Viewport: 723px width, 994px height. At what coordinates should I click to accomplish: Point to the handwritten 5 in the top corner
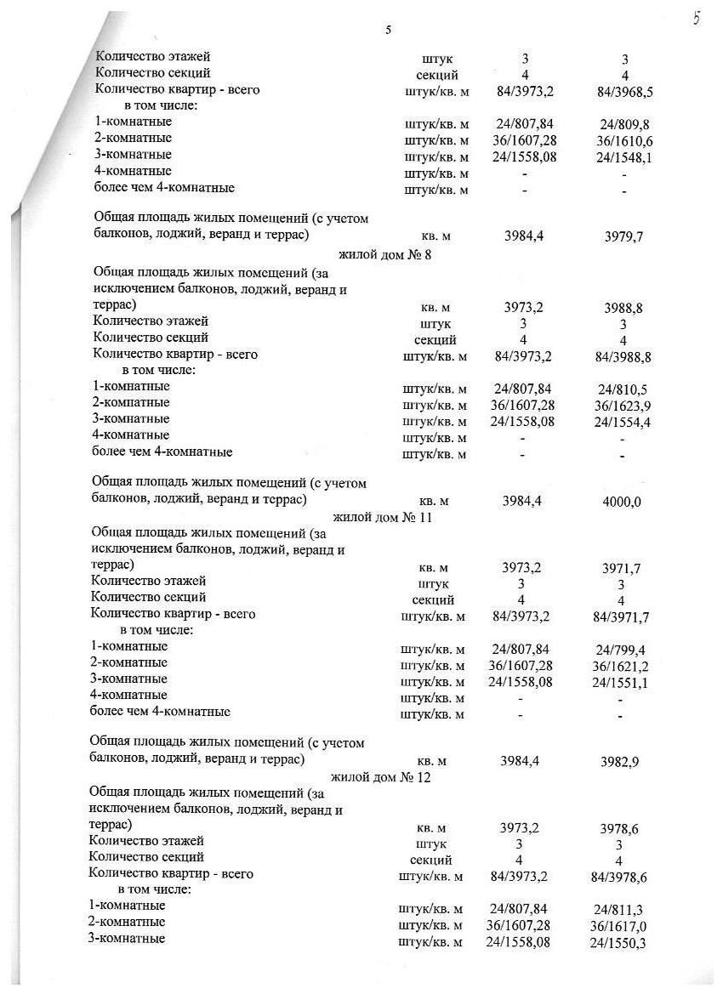point(697,19)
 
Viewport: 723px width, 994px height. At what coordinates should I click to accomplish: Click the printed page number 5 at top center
point(388,31)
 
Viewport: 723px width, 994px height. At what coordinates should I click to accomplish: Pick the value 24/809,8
point(624,124)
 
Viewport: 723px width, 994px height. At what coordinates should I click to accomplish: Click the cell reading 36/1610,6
point(624,140)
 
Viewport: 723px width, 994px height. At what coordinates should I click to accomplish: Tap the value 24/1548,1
point(624,157)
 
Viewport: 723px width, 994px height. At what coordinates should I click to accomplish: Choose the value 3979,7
point(624,237)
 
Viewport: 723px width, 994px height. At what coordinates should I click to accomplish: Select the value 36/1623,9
point(623,405)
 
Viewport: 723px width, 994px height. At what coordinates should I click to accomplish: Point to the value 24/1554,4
point(623,422)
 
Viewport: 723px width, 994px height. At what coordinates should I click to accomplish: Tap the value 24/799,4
point(621,650)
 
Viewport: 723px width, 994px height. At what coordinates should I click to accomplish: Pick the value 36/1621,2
point(621,667)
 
